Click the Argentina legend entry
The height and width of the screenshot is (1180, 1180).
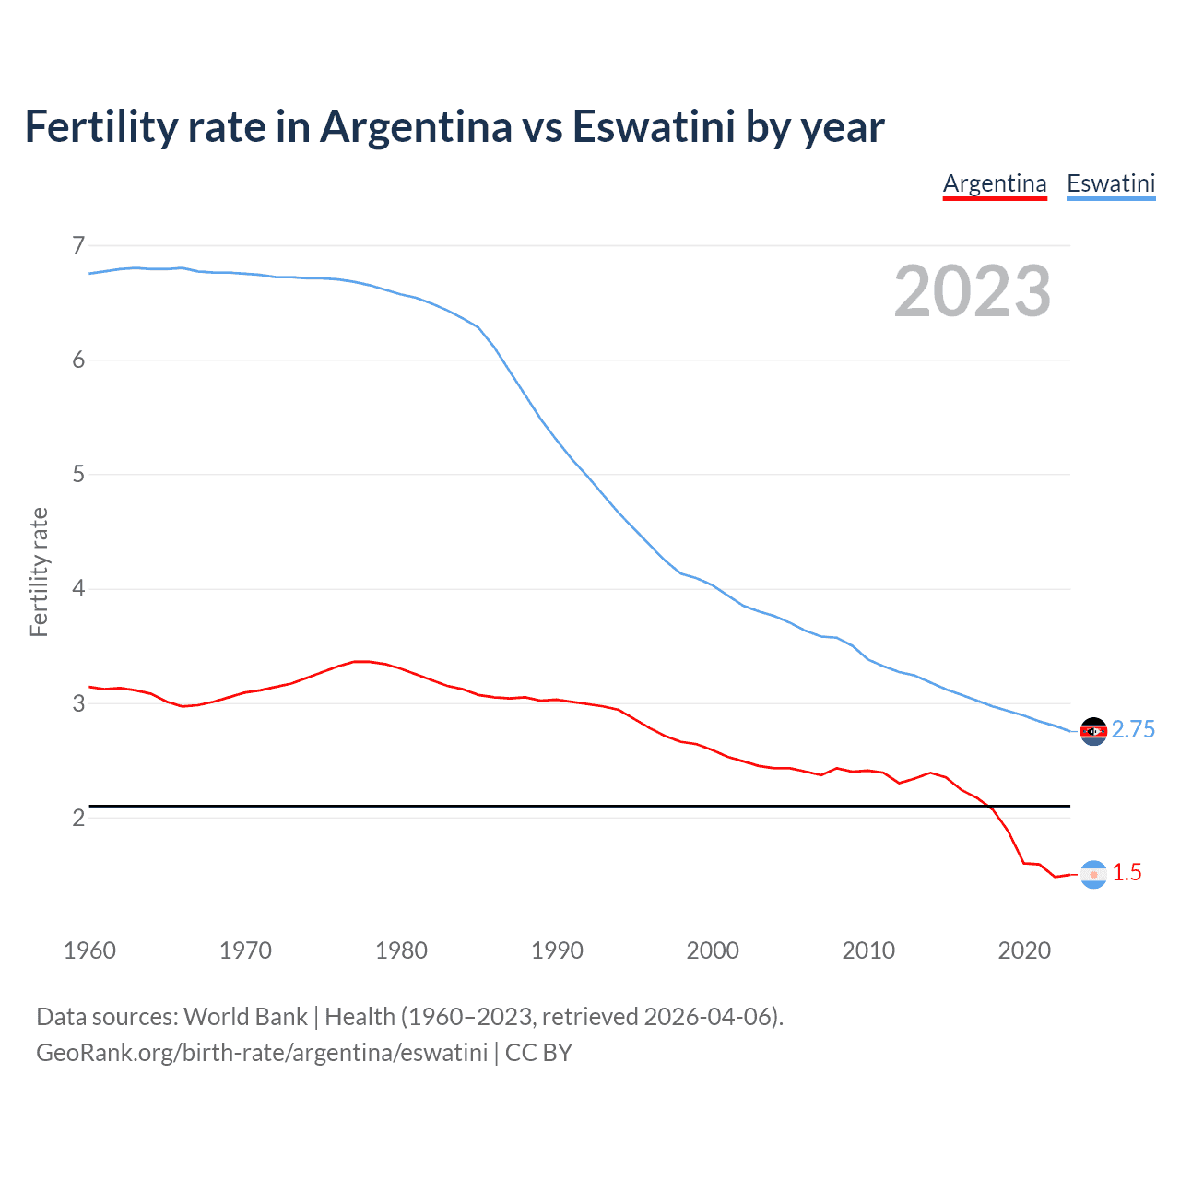[x=995, y=183]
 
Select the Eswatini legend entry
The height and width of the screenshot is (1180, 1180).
[x=1111, y=183]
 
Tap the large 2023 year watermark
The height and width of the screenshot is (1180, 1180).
[x=973, y=291]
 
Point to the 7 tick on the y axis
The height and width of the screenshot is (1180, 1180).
[x=78, y=245]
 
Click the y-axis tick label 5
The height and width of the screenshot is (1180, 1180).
[x=78, y=474]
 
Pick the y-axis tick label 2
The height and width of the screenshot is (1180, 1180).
[x=78, y=818]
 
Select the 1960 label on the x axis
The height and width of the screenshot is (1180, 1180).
[x=89, y=950]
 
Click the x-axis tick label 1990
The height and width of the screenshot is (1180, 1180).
[x=557, y=950]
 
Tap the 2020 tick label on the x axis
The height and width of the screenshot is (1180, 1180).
[x=1024, y=950]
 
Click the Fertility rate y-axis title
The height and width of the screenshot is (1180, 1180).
[x=39, y=572]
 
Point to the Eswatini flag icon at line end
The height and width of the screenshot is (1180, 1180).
[x=1093, y=731]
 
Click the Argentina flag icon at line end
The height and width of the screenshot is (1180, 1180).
[x=1093, y=874]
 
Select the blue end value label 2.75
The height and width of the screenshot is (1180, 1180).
[x=1133, y=730]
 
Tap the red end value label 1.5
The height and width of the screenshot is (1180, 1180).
[x=1127, y=873]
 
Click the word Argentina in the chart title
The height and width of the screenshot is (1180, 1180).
[x=416, y=126]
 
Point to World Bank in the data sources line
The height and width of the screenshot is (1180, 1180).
[x=245, y=1017]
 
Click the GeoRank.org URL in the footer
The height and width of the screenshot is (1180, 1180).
[x=262, y=1053]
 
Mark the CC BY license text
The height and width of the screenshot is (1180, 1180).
[x=538, y=1053]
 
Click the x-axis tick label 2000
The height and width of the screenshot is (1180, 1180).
[x=713, y=950]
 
